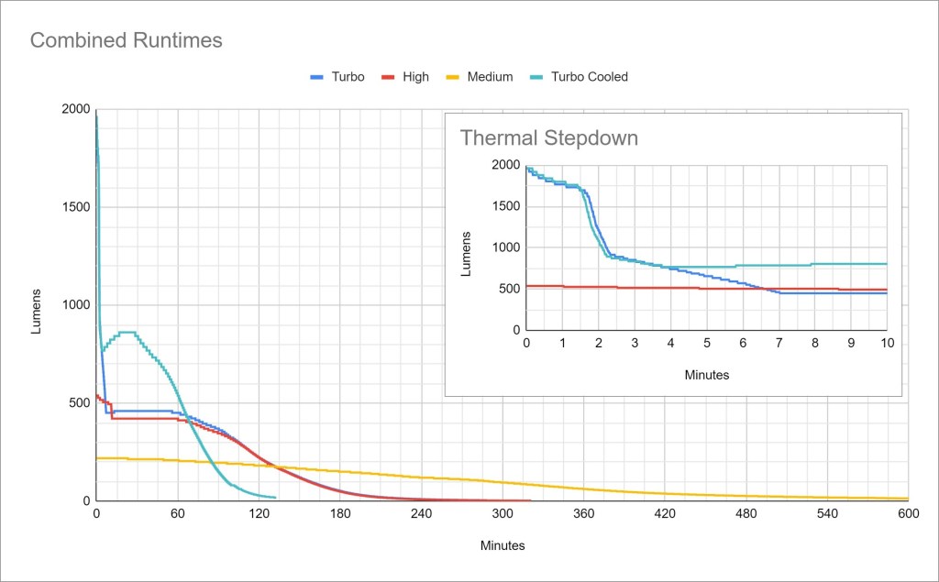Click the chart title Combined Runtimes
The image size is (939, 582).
tap(127, 40)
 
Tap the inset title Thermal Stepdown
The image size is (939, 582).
tap(548, 138)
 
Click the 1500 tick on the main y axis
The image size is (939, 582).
tap(76, 207)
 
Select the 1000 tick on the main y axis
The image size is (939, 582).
tap(76, 305)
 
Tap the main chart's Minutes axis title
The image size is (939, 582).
tap(503, 545)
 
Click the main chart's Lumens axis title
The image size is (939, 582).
tap(37, 312)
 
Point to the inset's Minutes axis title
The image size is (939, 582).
tap(707, 375)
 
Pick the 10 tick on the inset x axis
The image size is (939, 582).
tap(887, 343)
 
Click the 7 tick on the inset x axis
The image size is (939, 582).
tap(779, 343)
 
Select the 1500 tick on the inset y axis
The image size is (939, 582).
tap(504, 206)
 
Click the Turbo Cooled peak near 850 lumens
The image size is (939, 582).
tap(128, 332)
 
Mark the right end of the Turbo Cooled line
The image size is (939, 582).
tap(275, 498)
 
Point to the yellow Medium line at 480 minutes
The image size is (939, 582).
tap(746, 496)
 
